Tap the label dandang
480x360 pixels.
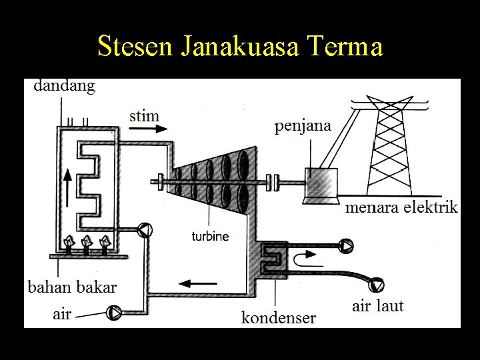64,85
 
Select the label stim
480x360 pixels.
145,116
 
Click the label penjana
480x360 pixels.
303,125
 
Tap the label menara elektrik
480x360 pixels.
401,207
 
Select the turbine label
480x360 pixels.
210,236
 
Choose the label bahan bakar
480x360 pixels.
72,287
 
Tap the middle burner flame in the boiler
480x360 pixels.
85,243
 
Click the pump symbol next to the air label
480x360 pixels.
115,311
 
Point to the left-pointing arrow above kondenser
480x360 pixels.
193,283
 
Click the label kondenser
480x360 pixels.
279,317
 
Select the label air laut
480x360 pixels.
378,306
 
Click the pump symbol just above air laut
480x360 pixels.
377,285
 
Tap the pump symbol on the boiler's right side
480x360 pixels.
144,231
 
